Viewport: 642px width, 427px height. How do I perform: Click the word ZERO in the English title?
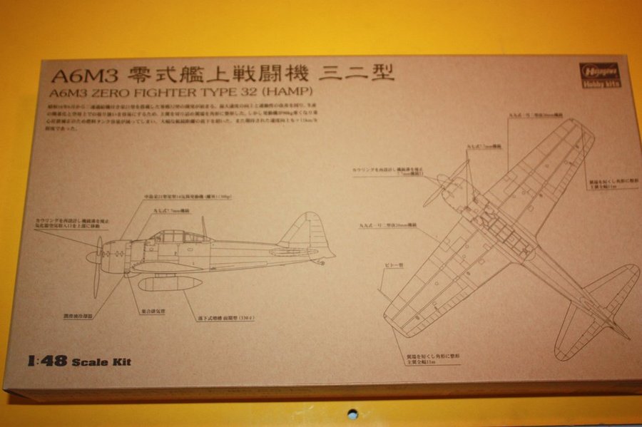(x=121, y=92)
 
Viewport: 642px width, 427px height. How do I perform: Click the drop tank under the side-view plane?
(x=170, y=284)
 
